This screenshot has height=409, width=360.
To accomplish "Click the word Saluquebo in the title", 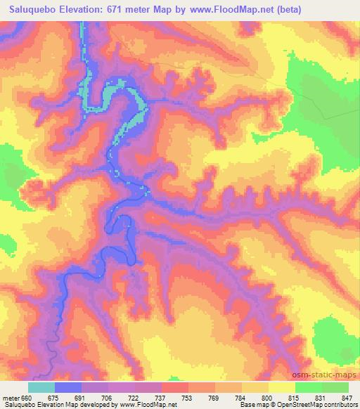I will pyautogui.click(x=32, y=9).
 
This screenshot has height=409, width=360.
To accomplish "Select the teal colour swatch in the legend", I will pyautogui.click(x=41, y=387).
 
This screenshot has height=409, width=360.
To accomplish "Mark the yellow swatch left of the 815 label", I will pyautogui.click(x=282, y=387).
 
